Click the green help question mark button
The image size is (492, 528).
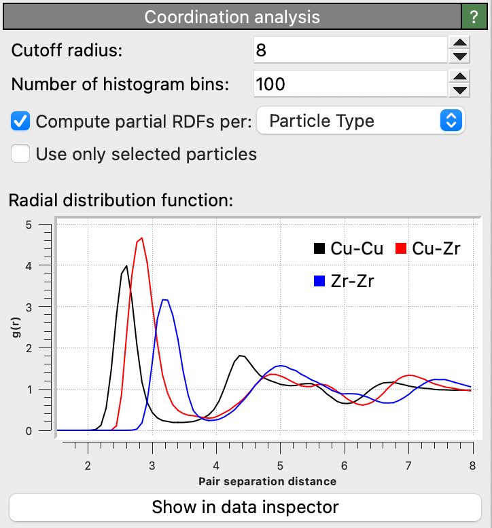click(474, 17)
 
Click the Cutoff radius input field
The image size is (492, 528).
click(349, 50)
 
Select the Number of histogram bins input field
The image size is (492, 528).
click(349, 84)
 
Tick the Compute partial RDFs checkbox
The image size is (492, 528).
click(21, 121)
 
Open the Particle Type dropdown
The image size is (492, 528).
click(360, 121)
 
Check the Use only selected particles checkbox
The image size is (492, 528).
click(21, 154)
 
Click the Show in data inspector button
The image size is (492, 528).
click(245, 507)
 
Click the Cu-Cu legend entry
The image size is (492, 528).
click(349, 248)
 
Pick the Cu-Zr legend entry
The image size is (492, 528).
click(428, 248)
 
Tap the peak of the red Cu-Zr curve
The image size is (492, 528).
click(141, 238)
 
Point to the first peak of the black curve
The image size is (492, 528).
click(126, 266)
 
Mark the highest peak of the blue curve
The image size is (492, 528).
click(164, 299)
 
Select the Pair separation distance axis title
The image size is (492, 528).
click(267, 481)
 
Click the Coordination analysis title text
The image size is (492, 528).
click(232, 17)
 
